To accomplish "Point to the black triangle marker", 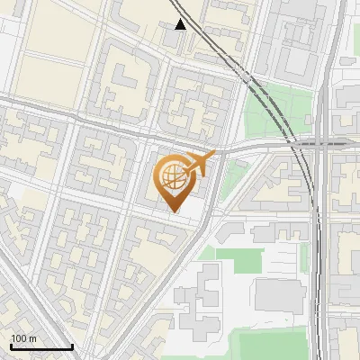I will (x=181, y=24).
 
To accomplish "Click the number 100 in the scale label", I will (x=19, y=338).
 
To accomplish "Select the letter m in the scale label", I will (x=32, y=338).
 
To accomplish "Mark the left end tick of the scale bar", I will (x=10, y=346).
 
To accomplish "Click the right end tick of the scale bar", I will (x=72, y=346).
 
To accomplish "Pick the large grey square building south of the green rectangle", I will (x=279, y=296).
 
